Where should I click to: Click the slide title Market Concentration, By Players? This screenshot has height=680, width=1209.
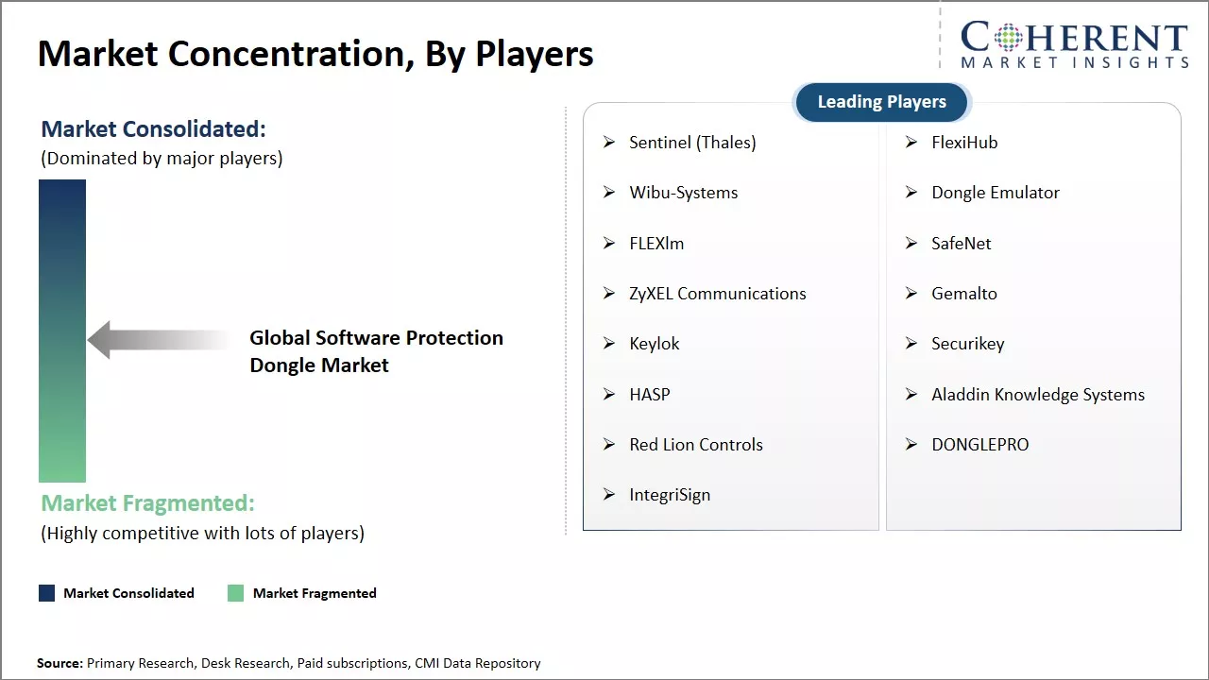(x=315, y=54)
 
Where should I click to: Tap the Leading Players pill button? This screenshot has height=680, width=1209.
(x=881, y=102)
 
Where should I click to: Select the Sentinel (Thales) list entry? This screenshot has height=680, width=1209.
(x=692, y=143)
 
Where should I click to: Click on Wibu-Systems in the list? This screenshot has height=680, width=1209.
(x=683, y=193)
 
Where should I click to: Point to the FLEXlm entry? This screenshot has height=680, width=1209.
(x=656, y=244)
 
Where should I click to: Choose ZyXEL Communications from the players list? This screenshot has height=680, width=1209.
(x=717, y=294)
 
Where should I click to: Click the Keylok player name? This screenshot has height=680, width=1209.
(x=654, y=344)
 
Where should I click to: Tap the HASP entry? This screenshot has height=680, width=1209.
(x=649, y=395)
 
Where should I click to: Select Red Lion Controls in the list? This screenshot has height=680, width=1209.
(x=695, y=445)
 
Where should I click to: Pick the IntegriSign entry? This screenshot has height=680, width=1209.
(x=670, y=495)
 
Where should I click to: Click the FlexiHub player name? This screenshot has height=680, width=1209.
(x=964, y=143)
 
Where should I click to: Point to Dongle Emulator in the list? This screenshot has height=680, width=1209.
(x=995, y=193)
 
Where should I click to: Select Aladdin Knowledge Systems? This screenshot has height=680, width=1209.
(x=1037, y=395)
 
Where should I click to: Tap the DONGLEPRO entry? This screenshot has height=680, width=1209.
(x=979, y=445)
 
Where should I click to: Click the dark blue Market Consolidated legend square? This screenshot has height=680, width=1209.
(x=47, y=593)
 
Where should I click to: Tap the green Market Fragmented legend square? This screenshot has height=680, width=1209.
(x=236, y=593)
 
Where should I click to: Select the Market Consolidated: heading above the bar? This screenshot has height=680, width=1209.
(x=153, y=129)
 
